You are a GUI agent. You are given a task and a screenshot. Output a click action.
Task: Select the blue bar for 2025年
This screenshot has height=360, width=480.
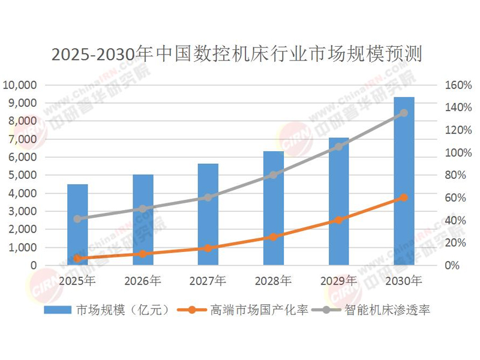coord(77,225)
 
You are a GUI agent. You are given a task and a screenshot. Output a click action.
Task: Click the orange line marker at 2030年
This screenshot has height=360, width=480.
coord(404,197)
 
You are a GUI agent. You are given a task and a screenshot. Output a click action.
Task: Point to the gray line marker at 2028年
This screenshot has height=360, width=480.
coord(274,175)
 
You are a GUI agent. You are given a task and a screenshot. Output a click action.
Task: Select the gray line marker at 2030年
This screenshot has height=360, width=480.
coord(404,113)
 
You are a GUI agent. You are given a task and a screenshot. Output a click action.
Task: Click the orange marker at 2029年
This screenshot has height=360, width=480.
coord(338,220)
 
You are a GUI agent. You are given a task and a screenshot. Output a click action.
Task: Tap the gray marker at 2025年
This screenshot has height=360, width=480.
coord(77,219)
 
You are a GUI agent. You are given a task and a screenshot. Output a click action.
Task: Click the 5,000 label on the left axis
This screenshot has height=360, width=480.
coord(22,175)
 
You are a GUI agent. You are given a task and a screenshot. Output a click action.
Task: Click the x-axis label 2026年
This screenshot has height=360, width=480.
coord(143,280)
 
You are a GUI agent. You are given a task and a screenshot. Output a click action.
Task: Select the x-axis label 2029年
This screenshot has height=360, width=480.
coord(338,280)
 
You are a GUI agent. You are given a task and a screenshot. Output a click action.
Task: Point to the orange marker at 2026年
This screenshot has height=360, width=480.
coord(143,254)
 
